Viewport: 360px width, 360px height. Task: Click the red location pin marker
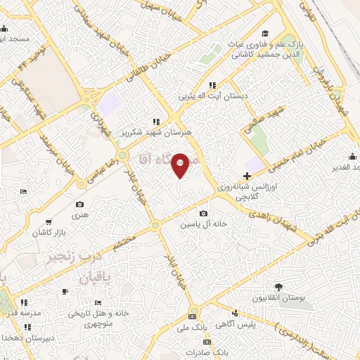pos(181,164)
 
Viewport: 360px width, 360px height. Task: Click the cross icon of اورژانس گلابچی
pos(246,176)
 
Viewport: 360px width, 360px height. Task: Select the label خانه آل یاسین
pos(203,224)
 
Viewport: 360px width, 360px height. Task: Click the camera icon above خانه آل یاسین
pos(203,213)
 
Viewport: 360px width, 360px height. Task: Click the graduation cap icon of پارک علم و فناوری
pos(265,33)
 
